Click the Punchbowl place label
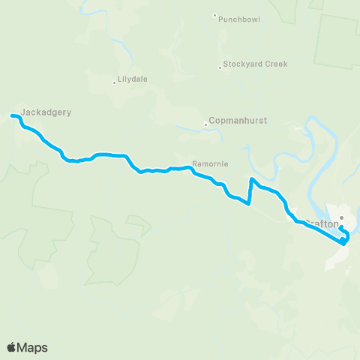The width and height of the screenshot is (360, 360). (239, 19)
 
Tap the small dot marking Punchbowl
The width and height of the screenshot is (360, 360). (214, 15)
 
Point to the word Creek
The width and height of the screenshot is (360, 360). (275, 64)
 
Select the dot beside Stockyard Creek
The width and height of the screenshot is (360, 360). (220, 67)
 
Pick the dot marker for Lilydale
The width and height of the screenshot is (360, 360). (114, 82)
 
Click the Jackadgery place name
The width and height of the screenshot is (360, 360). (46, 112)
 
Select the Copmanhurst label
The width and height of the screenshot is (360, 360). (238, 120)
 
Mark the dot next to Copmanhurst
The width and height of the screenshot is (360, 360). (205, 124)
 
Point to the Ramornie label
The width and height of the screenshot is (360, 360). (210, 163)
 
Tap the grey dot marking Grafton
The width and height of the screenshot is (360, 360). (340, 218)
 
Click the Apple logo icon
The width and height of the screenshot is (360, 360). (12, 347)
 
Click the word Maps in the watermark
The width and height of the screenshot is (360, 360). (33, 347)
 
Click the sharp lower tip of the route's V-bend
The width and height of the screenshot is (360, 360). (247, 202)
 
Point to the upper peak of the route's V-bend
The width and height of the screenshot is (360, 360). (251, 179)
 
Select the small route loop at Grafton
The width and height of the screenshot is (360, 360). (344, 235)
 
